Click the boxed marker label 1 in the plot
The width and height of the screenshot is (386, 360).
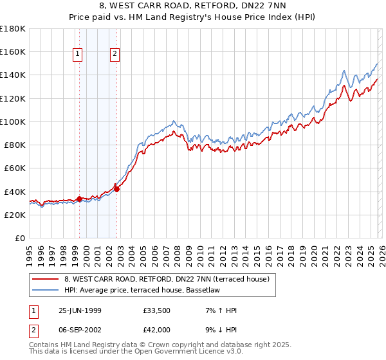[78, 55]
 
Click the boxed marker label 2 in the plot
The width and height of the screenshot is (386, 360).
[115, 55]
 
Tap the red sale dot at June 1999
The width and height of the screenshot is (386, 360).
[80, 199]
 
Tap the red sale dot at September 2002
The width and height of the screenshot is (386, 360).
[116, 189]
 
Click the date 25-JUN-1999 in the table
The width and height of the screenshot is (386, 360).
[80, 310]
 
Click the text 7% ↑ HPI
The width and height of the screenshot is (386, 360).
[220, 310]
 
